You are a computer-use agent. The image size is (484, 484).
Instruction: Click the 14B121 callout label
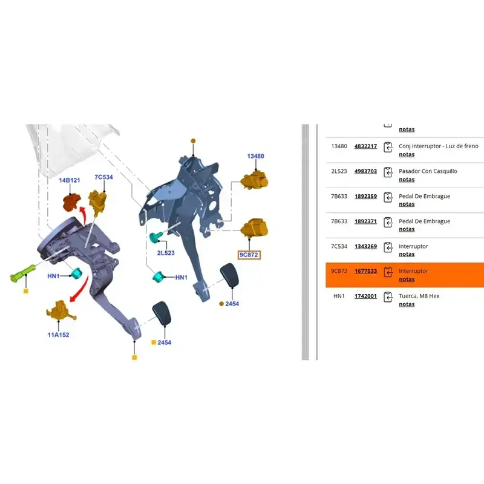tap(70, 180)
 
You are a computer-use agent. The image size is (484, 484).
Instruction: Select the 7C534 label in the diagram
tap(103, 177)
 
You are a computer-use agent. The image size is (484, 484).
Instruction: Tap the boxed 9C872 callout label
tap(249, 255)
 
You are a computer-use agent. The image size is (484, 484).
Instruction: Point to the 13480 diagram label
tap(255, 156)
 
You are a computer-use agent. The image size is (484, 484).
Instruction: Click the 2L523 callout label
tap(166, 253)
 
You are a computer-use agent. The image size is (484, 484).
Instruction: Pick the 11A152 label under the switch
tap(58, 335)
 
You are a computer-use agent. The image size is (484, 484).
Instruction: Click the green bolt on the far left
tap(23, 273)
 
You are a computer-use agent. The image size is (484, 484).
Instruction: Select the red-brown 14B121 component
tap(72, 202)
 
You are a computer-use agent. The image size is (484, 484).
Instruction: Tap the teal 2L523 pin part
tap(155, 237)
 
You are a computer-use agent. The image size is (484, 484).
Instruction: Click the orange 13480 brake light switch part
tap(254, 180)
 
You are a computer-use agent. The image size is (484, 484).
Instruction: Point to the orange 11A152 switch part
tap(61, 310)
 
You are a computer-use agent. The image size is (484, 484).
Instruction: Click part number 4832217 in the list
tap(365, 146)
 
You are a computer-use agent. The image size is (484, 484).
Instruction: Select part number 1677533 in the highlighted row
tap(365, 271)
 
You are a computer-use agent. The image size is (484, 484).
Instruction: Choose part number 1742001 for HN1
tap(365, 296)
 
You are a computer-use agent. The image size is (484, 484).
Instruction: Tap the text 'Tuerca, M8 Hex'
tap(419, 296)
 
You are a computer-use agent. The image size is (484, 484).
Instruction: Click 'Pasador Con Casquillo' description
tap(428, 171)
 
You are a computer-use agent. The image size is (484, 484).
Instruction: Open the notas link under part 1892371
tap(407, 229)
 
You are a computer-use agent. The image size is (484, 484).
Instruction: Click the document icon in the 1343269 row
tap(388, 247)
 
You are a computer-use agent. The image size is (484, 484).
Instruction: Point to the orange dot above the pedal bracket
tap(193, 141)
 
